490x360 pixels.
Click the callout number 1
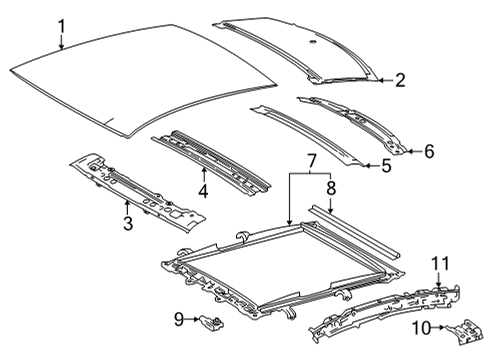(x=61, y=26)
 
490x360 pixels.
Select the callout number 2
(x=399, y=81)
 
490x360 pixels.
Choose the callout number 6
(x=429, y=151)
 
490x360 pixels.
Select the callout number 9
(x=180, y=319)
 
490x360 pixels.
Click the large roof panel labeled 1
(x=140, y=85)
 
